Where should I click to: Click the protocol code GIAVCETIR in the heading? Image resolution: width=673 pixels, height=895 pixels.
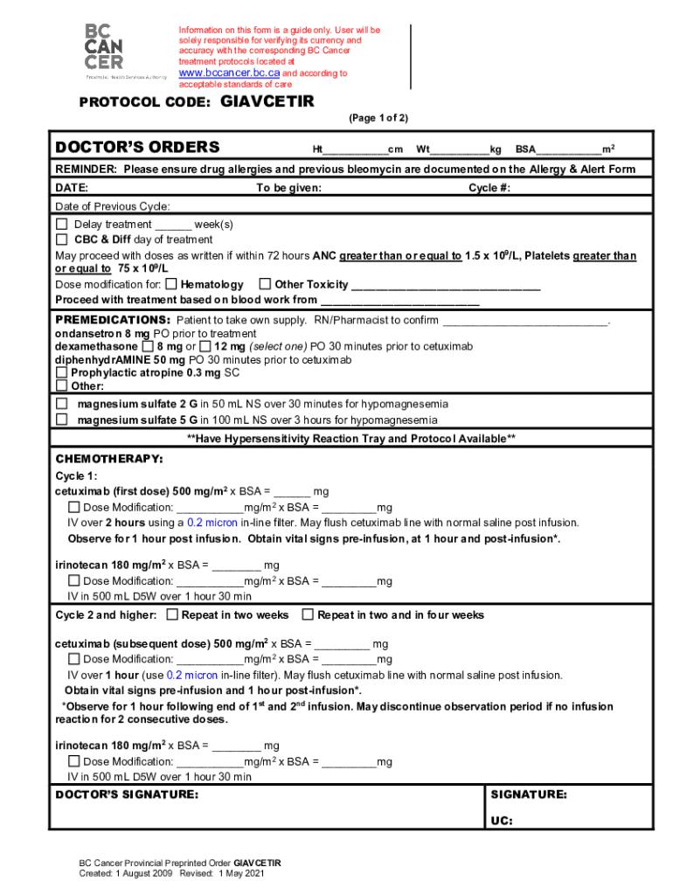click(x=267, y=101)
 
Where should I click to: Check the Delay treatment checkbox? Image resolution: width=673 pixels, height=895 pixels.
click(x=62, y=225)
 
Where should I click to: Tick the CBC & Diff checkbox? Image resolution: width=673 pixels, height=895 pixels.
click(x=62, y=239)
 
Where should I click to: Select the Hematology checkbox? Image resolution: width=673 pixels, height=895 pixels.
click(x=171, y=284)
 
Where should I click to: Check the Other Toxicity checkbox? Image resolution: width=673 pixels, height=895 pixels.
click(x=265, y=284)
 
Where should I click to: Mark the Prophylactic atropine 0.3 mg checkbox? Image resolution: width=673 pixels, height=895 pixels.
click(x=62, y=372)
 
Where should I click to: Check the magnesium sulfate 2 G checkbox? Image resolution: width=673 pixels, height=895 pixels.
click(x=62, y=404)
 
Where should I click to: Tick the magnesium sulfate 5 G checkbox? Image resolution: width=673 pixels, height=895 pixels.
click(x=62, y=420)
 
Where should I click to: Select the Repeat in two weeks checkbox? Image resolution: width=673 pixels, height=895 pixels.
click(x=171, y=615)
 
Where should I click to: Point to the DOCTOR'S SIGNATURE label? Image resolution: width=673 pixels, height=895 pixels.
click(x=127, y=795)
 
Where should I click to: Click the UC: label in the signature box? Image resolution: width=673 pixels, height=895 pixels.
click(x=501, y=821)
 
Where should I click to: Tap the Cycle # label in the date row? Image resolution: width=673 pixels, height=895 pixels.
click(x=489, y=188)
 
